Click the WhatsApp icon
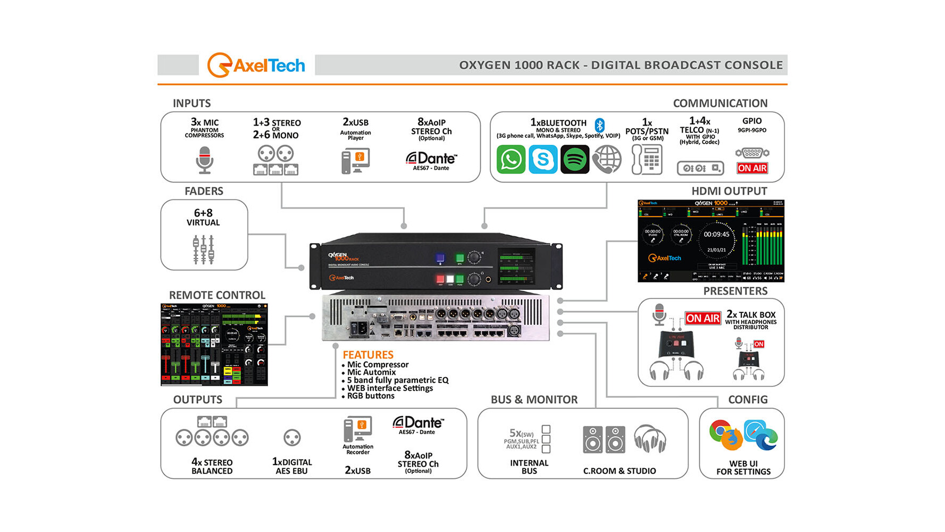click(511, 159)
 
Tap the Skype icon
click(542, 159)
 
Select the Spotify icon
click(575, 159)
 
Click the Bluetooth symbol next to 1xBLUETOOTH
click(599, 125)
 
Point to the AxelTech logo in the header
click(256, 65)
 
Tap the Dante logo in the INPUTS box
click(431, 159)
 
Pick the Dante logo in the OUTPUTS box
click(418, 423)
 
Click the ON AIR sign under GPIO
click(752, 168)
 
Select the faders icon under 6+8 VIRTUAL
click(203, 249)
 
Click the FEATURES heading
click(368, 355)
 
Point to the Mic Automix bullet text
click(371, 372)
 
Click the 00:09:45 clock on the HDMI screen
click(716, 234)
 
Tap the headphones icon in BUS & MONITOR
click(650, 439)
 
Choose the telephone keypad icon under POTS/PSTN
click(647, 159)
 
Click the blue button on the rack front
click(440, 258)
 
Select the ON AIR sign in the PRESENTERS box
click(703, 318)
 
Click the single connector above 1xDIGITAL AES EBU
click(292, 438)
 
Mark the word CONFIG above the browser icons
click(748, 400)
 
